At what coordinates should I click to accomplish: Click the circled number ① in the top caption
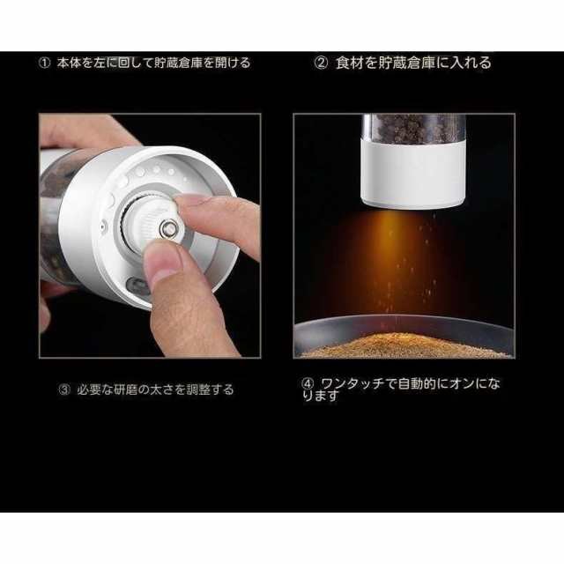[44, 63]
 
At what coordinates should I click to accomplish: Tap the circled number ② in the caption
[321, 63]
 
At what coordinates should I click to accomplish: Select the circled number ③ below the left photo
[64, 390]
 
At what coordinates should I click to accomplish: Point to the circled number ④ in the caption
[308, 384]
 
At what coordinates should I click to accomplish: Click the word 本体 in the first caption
[69, 63]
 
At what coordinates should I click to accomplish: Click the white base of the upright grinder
[413, 174]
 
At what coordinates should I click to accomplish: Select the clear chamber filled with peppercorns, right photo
[413, 129]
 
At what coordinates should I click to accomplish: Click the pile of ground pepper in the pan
[404, 346]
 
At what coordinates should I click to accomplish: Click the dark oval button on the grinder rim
[136, 286]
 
